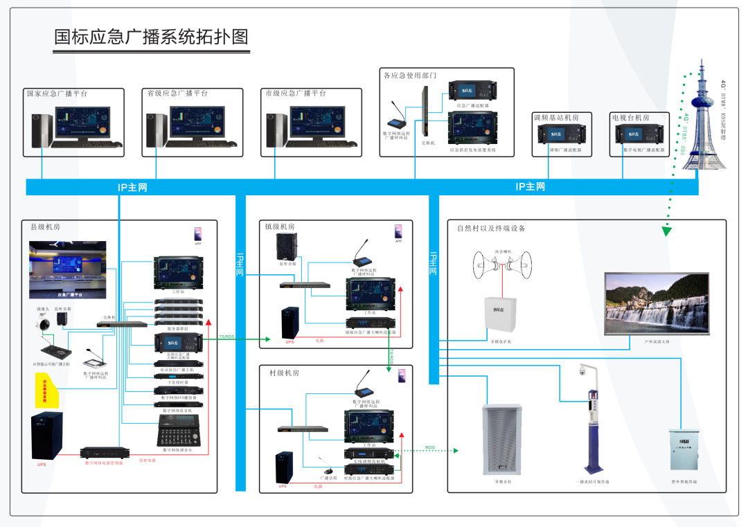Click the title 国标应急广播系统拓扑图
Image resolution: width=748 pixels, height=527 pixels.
151,37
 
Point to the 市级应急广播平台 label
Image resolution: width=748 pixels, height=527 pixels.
295,93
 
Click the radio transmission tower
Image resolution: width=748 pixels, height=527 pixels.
701,118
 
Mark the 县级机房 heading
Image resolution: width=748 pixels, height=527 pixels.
50,226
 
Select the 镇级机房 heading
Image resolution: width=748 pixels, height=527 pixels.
280,226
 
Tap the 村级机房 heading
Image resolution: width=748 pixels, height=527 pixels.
285,373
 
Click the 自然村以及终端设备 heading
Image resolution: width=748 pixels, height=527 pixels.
491,228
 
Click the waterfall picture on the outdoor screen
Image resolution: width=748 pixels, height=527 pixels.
656,303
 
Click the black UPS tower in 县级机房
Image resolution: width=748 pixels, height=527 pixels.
46,435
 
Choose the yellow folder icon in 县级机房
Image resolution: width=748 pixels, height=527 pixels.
49,389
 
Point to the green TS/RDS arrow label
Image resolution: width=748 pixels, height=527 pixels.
226,337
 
